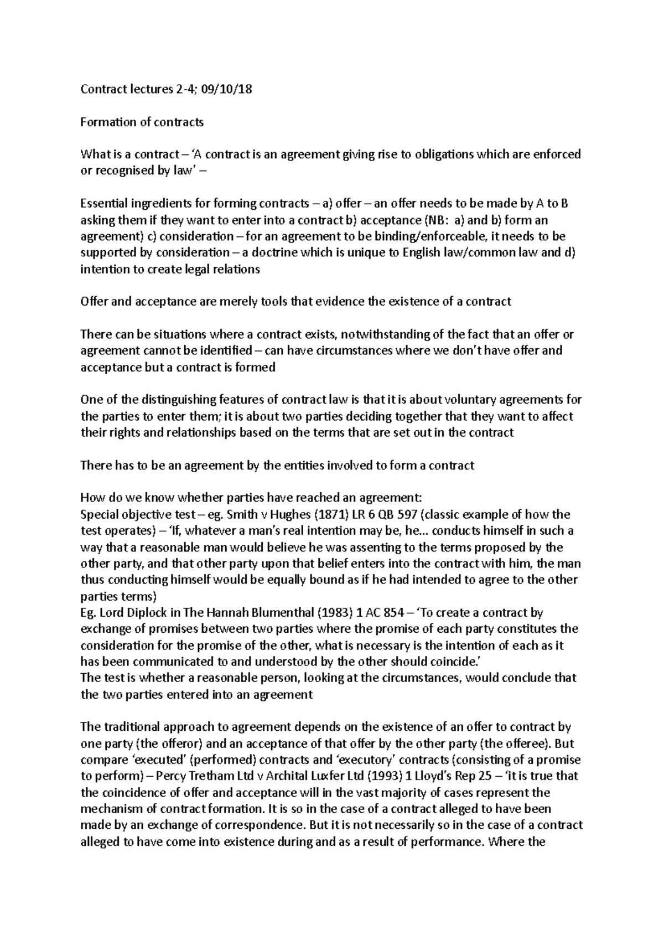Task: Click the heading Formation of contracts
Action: point(142,122)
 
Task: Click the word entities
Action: point(303,465)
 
